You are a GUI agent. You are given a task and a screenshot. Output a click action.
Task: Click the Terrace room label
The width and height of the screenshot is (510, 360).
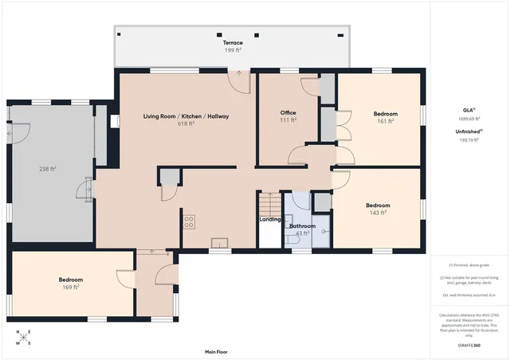[x=233, y=41]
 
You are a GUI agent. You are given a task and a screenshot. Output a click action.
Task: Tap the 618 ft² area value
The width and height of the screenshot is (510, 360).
[x=186, y=124]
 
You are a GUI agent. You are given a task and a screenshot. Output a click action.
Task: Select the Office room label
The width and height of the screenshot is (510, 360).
[x=288, y=113]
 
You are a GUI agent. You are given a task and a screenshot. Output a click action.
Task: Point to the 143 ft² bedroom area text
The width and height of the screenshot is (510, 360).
[x=379, y=213]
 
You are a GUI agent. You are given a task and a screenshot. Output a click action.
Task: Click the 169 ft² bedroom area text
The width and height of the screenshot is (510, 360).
[x=71, y=288]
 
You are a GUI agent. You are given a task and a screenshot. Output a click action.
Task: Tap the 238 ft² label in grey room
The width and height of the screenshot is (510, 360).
[x=48, y=169]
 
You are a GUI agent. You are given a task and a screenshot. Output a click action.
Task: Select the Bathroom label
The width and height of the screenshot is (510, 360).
[x=302, y=226]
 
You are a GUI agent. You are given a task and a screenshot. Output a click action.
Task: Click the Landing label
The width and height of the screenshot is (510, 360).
[x=269, y=220]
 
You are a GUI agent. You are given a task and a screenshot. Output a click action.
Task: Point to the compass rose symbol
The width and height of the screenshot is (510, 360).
[x=22, y=338]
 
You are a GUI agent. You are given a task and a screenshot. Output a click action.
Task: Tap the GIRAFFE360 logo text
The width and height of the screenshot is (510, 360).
[x=469, y=346]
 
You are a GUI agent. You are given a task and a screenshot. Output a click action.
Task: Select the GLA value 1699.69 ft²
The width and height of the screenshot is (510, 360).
[x=469, y=118]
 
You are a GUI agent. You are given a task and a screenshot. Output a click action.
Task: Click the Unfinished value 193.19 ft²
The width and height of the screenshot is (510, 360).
[x=469, y=139]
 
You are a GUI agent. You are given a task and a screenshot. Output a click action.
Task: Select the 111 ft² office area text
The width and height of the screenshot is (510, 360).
[x=288, y=121]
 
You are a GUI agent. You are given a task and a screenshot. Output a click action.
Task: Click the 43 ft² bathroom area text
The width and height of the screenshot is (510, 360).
[x=302, y=233]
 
